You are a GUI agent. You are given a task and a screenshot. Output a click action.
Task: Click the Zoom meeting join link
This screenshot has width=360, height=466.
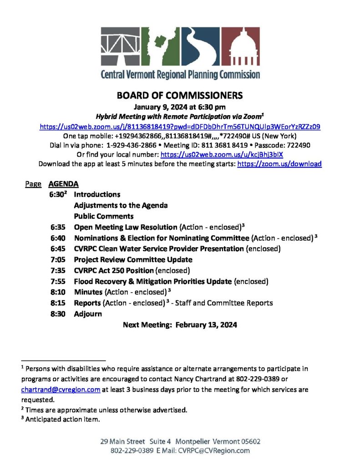click(180, 127)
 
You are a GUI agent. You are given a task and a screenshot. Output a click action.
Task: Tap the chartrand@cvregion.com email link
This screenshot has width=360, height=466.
click(61, 390)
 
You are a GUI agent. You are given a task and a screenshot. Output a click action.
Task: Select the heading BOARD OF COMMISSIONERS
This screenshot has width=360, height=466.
click(180, 96)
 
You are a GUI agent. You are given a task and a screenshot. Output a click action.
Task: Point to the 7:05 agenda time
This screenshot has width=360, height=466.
click(58, 259)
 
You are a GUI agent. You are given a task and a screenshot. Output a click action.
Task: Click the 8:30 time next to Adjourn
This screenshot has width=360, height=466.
click(58, 314)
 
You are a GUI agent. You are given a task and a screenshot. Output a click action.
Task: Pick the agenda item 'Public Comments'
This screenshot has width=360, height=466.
click(104, 216)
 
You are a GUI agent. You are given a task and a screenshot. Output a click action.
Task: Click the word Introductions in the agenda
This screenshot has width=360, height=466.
click(97, 194)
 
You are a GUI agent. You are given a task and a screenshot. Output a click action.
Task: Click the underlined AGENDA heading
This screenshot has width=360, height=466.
click(63, 184)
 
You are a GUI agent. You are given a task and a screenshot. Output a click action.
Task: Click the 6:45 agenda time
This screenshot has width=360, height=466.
click(58, 248)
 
